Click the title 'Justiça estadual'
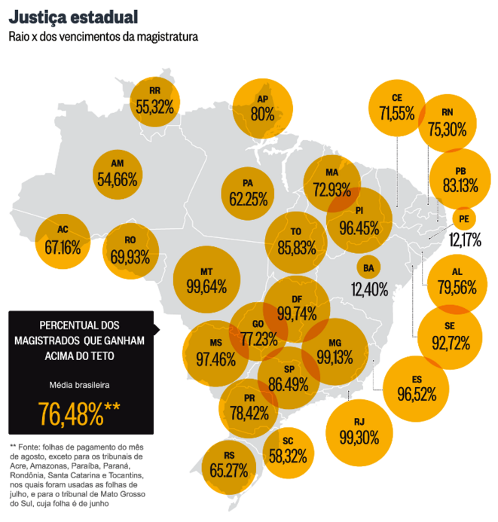pyautogui.click(x=73, y=16)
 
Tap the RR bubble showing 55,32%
pyautogui.click(x=155, y=101)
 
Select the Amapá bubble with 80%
pyautogui.click(x=262, y=108)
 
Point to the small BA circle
pyautogui.click(x=368, y=268)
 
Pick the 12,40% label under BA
pyautogui.click(x=368, y=288)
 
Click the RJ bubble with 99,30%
pyautogui.click(x=359, y=431)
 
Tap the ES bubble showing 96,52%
pyautogui.click(x=416, y=389)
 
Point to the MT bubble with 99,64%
pyautogui.click(x=206, y=279)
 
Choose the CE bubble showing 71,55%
pyautogui.click(x=397, y=107)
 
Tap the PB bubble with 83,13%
pyautogui.click(x=460, y=179)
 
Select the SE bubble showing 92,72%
pyautogui.click(x=451, y=337)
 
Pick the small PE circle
pyautogui.click(x=464, y=219)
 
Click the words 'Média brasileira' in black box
pyautogui.click(x=79, y=385)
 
